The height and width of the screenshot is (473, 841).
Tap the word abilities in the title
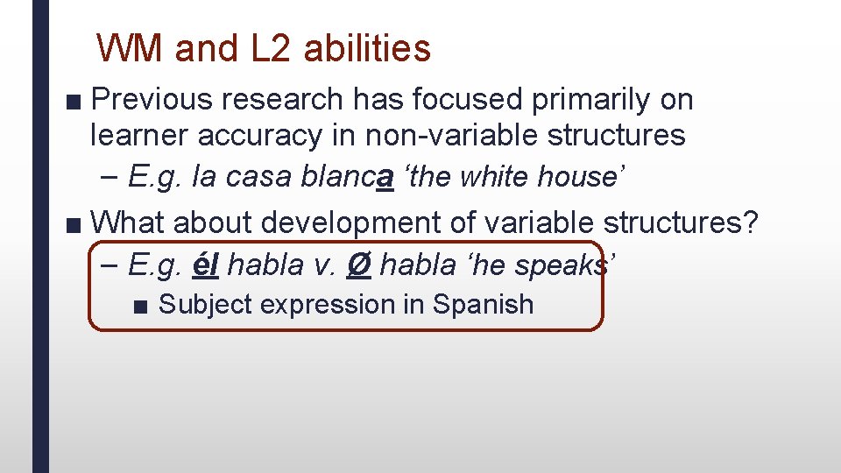tap(368, 48)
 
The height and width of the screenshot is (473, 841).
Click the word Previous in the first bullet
tap(152, 100)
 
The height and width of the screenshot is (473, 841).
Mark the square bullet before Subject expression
tap(141, 306)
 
